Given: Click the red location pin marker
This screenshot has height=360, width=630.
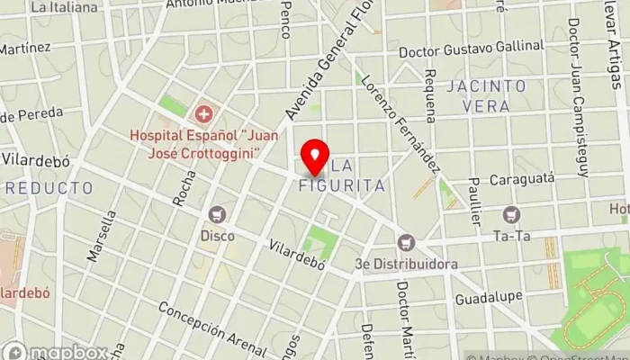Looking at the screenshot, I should tap(314, 157).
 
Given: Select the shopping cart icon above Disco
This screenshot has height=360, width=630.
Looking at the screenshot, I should tap(217, 214).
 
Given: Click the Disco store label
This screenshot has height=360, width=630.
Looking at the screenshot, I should tap(217, 236).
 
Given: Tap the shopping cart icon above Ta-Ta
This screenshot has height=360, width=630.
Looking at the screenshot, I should tap(512, 214).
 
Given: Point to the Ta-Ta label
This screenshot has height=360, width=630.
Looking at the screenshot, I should tap(512, 236).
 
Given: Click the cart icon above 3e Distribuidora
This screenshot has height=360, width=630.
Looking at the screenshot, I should tap(407, 242).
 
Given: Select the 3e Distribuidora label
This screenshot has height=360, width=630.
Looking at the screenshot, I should tap(407, 264).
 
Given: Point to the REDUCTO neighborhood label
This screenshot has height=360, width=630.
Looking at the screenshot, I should tap(49, 188).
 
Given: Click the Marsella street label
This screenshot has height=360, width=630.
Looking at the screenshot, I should tap(102, 236).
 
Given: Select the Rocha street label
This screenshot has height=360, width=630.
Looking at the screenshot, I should tap(183, 188).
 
